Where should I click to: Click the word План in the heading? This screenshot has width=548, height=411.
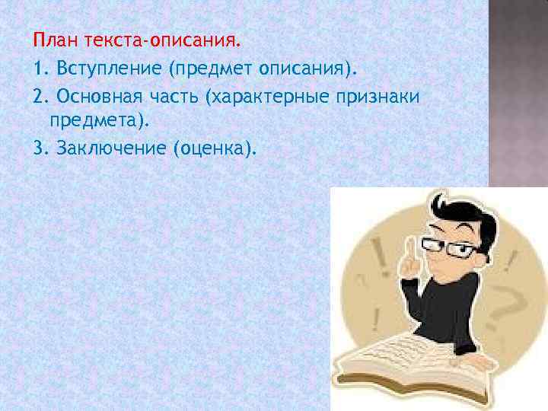[52, 37]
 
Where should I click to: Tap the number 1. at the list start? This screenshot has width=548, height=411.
[41, 70]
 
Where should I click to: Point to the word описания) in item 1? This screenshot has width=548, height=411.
[309, 70]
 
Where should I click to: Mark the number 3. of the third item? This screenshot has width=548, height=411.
[41, 147]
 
